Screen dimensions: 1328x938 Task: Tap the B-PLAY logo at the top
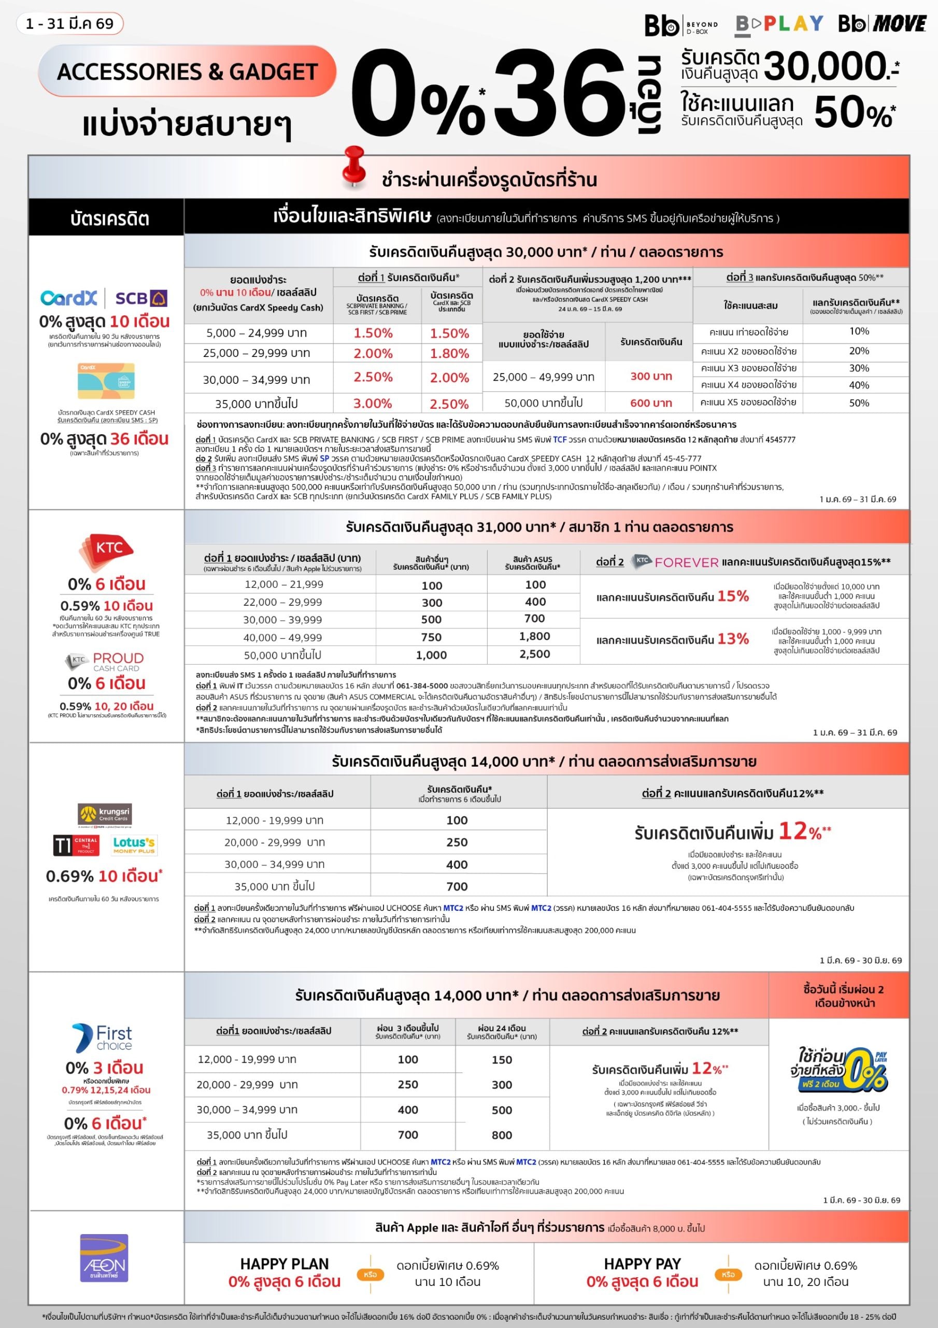tap(779, 24)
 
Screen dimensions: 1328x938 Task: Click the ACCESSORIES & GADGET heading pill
tap(187, 71)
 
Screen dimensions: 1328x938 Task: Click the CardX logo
tap(69, 298)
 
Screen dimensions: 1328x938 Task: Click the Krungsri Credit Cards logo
tap(105, 814)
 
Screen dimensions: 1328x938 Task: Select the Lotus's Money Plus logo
tap(134, 845)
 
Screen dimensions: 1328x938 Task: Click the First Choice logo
tap(102, 1038)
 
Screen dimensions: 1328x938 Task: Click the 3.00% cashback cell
tap(373, 403)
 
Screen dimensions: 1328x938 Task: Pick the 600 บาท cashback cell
tap(651, 403)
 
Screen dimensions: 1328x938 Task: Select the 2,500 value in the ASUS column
tap(535, 654)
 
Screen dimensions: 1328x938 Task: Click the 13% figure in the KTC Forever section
tap(733, 639)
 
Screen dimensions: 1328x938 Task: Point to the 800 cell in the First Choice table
tap(502, 1135)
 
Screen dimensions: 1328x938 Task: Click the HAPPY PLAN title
tap(285, 1264)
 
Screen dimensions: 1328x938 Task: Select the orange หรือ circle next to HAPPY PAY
tap(728, 1274)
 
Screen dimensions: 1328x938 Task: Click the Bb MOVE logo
tap(882, 24)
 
